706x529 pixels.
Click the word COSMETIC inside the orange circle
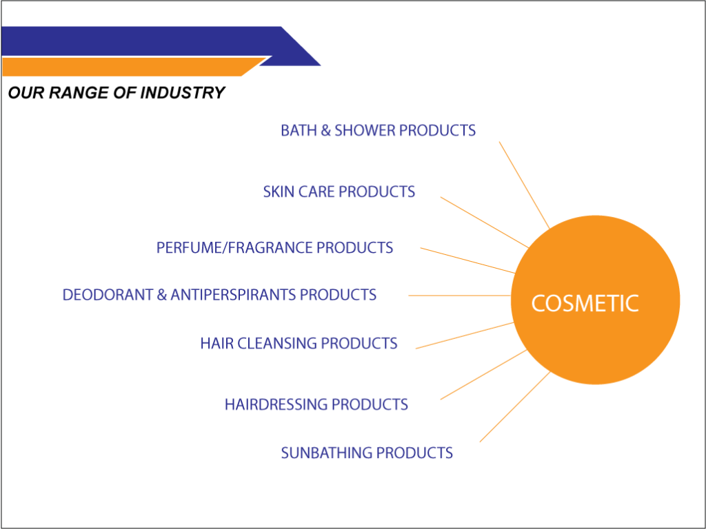[585, 303]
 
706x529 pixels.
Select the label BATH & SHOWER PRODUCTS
[379, 130]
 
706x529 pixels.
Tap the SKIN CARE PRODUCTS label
[339, 191]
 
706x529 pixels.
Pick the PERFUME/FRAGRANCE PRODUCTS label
[274, 247]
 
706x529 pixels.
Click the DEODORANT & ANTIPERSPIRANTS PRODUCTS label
[219, 295]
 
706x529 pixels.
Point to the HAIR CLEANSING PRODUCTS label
[299, 343]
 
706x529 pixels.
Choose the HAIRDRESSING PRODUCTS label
[316, 404]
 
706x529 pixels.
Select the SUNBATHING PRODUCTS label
[367, 453]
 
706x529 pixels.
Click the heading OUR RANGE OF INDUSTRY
[116, 93]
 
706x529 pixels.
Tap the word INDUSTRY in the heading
[182, 93]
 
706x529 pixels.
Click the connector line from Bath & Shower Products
[524, 185]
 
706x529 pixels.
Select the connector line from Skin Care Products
[485, 222]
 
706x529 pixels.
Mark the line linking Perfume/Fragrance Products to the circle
[468, 260]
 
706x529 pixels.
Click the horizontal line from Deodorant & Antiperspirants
[460, 295]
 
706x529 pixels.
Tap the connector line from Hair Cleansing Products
[465, 335]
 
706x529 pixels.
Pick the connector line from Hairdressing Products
[483, 374]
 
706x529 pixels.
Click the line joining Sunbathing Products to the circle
[515, 406]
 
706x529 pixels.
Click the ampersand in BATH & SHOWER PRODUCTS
[325, 130]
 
